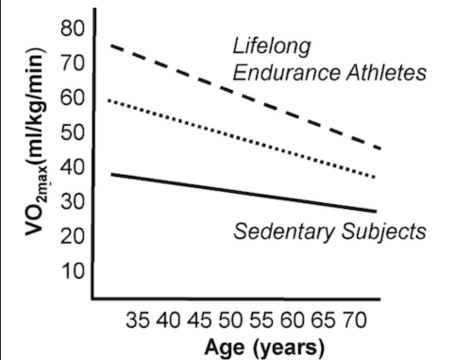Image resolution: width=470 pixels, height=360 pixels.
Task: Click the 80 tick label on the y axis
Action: coord(72,29)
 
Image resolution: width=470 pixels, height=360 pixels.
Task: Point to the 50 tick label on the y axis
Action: coord(72,132)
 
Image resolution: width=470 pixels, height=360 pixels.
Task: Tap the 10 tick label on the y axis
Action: coord(72,271)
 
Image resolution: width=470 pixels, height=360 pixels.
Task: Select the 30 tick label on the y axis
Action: coord(72,201)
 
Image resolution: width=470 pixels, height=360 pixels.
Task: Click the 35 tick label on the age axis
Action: coord(137,320)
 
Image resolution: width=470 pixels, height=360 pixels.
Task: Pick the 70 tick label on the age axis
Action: coord(355,320)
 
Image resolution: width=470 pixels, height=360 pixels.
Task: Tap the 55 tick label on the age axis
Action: coord(261,320)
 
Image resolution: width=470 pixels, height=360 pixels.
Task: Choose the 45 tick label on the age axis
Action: coord(199,320)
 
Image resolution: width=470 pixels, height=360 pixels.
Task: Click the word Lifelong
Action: coord(271,47)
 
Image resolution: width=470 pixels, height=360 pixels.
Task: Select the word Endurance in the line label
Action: coord(287,72)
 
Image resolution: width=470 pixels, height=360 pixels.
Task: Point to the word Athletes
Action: coord(386,72)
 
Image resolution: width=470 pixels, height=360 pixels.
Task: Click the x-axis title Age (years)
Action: coord(264,347)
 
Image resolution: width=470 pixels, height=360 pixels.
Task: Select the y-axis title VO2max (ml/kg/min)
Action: coord(36,141)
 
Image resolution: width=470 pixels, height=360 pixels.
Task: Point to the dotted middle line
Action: coord(241,139)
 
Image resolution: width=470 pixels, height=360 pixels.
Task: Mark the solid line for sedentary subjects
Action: coord(243,192)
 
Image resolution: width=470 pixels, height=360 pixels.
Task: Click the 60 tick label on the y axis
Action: coord(72,97)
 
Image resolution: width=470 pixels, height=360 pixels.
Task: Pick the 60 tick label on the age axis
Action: coord(292,320)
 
